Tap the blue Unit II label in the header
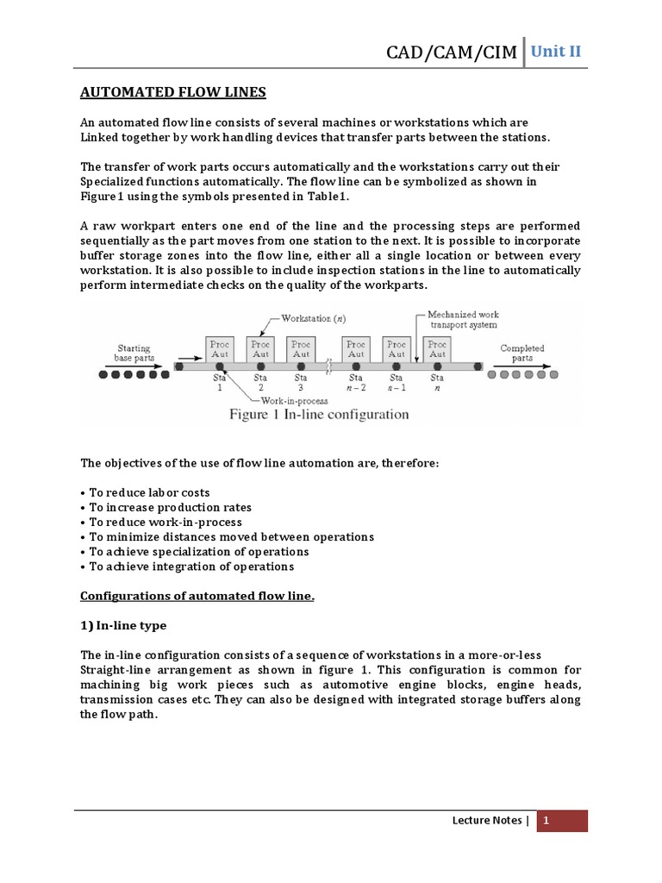tap(556, 51)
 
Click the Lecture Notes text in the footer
tap(487, 821)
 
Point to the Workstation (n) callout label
tap(313, 317)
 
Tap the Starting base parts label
tap(137, 352)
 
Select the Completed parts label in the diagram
tap(522, 353)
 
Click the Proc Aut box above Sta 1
tap(220, 348)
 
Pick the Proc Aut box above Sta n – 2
tap(355, 348)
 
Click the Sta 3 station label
tap(301, 382)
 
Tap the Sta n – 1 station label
tap(396, 382)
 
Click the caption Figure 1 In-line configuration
tap(319, 415)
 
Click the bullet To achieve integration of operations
tap(187, 567)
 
